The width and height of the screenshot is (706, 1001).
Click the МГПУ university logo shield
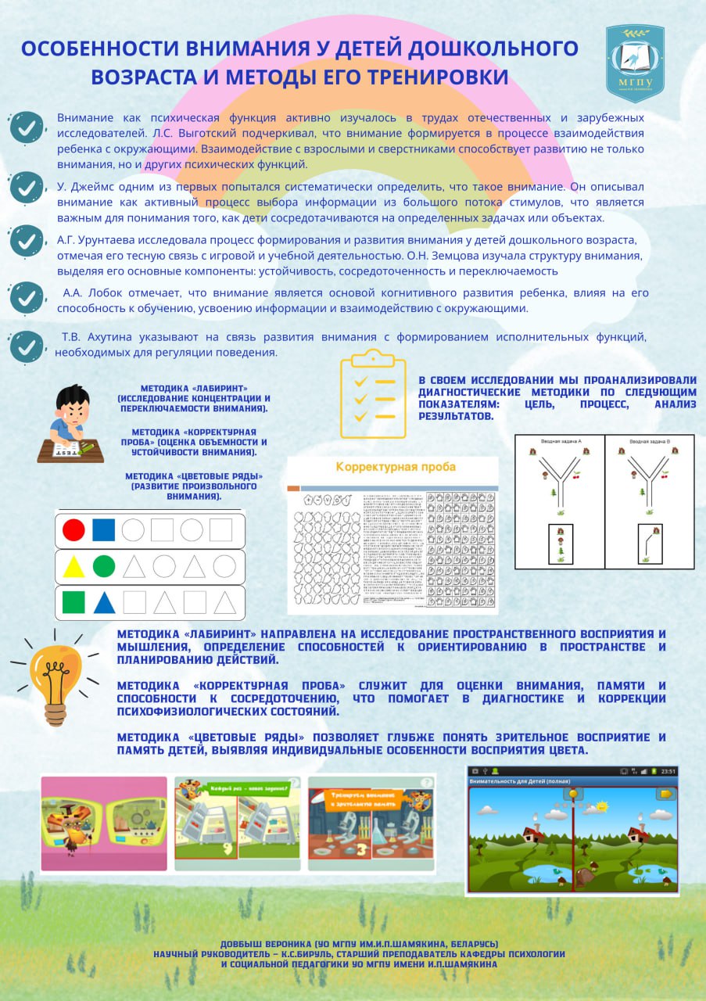pos(635,63)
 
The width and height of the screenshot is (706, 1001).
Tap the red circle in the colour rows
pos(73,530)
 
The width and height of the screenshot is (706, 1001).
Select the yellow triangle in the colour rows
pos(73,566)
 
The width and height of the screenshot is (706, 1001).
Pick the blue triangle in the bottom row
pos(104,602)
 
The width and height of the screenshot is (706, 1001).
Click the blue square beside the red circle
pos(104,530)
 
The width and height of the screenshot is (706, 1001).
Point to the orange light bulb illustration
pos(56,674)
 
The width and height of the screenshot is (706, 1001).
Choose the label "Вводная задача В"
pos(649,442)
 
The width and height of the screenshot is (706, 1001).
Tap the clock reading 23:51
pos(667,771)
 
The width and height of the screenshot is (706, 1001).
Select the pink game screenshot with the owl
pos(104,823)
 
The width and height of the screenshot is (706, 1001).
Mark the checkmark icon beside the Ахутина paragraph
pos(27,345)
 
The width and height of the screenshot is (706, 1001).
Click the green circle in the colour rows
pos(104,566)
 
